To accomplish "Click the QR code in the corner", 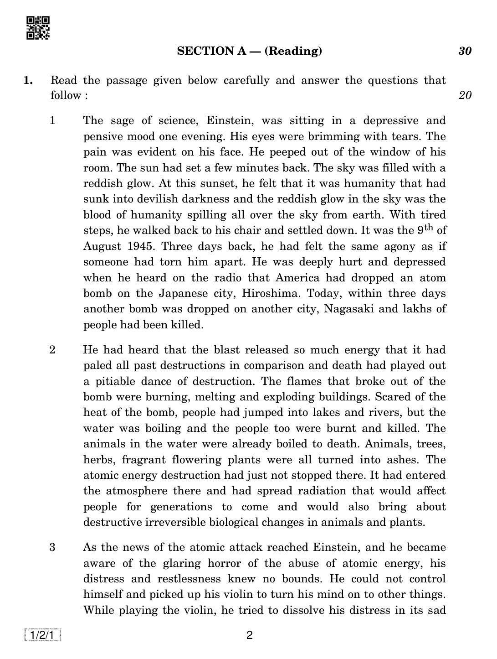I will [38, 28].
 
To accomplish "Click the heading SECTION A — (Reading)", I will [249, 51].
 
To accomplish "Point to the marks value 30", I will [465, 51].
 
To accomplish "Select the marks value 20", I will [465, 95].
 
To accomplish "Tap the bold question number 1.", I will [28, 81].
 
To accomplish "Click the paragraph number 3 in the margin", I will [52, 547].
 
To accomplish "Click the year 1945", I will [135, 246].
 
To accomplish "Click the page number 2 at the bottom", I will [249, 635].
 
